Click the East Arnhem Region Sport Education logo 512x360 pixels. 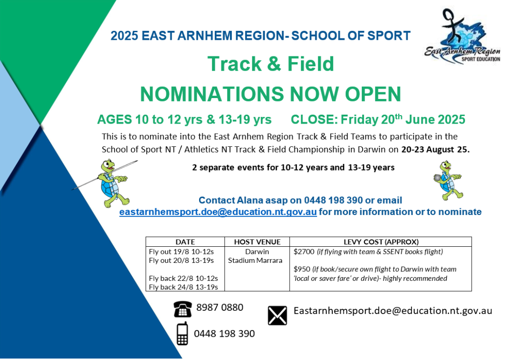point(462,36)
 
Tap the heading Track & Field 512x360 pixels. point(271,63)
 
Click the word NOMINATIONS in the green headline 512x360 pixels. point(212,94)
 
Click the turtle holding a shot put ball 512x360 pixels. point(448,180)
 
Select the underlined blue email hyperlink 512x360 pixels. point(218,212)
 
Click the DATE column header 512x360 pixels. point(185,242)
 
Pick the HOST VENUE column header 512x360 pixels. point(257,242)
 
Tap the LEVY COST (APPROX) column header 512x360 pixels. point(381,242)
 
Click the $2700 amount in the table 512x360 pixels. point(304,252)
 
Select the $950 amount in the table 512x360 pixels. point(302,269)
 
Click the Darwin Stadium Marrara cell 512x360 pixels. point(256,256)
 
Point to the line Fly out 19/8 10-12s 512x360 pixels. point(181,252)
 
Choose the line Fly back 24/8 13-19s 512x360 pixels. point(183,287)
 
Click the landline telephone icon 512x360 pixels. point(183,309)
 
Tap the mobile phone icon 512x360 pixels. point(182,333)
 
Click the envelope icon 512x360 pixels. point(277,315)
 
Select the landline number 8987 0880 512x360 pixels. point(220,307)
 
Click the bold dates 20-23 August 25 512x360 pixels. point(435,150)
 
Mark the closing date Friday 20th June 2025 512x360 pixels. point(402,119)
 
